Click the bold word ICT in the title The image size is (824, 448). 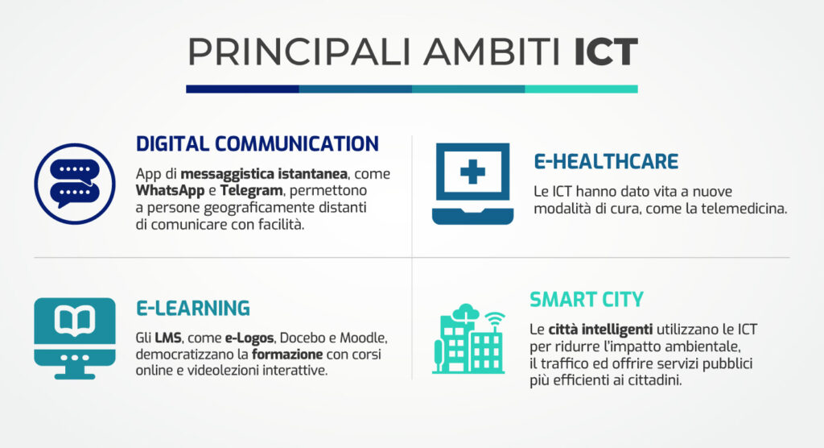pos(605,52)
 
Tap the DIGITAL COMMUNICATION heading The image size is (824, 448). pos(257,143)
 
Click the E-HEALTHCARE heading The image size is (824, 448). pos(606,162)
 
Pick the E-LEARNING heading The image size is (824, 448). pos(192,308)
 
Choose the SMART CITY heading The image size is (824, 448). pos(587,300)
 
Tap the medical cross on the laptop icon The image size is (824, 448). pos(472,172)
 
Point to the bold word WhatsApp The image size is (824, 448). pos(170,191)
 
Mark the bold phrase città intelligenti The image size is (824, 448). pos(602,330)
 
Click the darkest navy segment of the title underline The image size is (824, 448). pos(242,89)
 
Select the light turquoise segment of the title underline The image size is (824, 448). pos(581,89)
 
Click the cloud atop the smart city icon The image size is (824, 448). pos(466,311)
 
